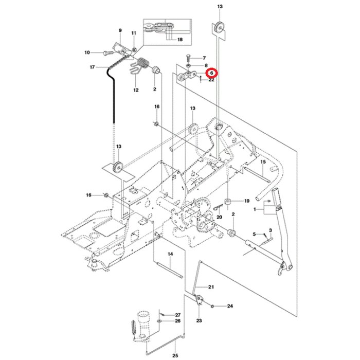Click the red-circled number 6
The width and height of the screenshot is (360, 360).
(211, 74)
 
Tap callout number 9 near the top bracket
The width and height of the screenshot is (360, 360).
(120, 31)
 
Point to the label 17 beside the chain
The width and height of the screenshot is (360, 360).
(93, 67)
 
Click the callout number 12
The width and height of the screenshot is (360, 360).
(136, 91)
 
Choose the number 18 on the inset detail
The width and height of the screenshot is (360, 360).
(179, 40)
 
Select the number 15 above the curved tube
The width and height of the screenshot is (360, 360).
(262, 162)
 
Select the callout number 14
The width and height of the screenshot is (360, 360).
(170, 255)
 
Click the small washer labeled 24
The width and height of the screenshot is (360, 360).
(213, 306)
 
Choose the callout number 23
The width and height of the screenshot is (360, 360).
(199, 320)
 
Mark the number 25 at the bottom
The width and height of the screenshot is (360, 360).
(174, 355)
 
